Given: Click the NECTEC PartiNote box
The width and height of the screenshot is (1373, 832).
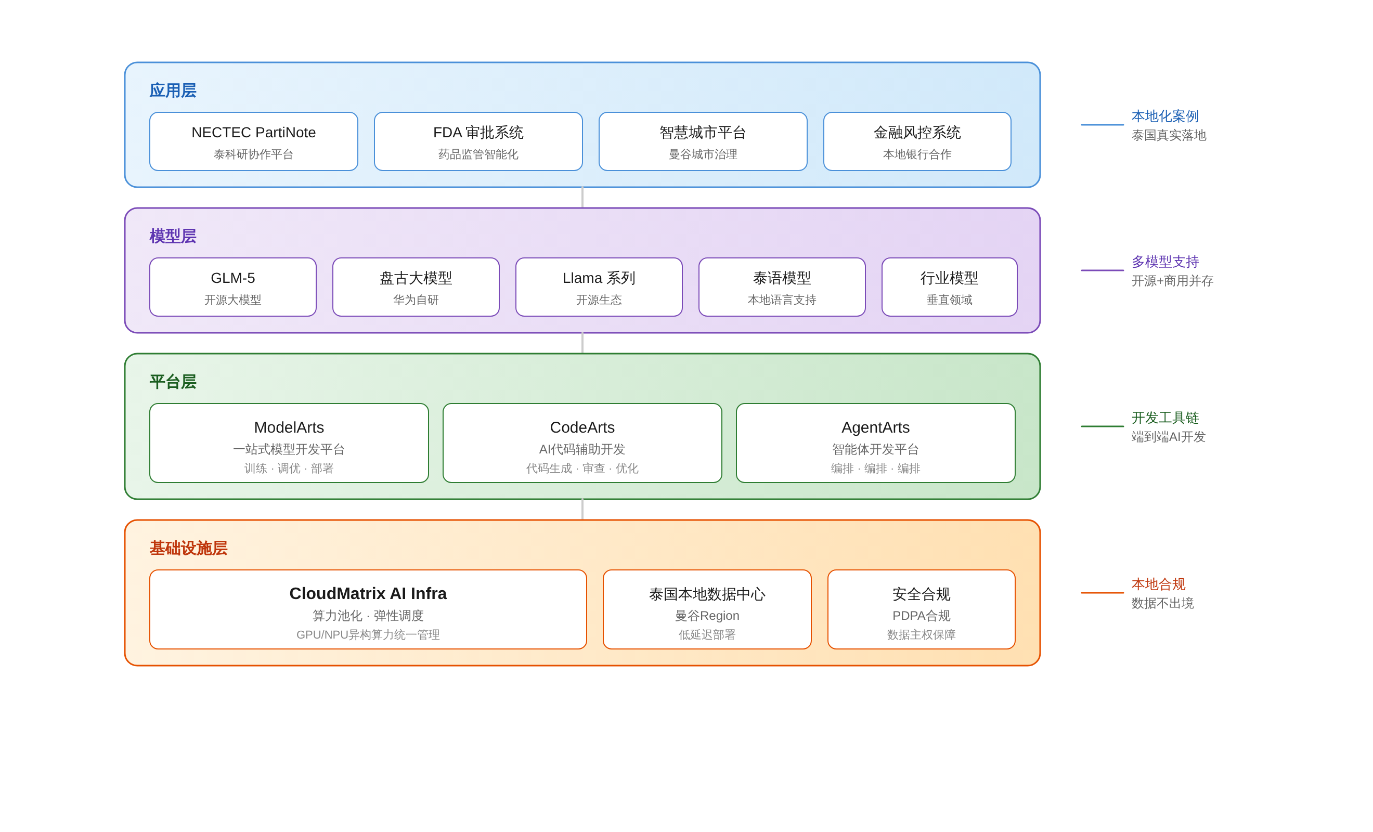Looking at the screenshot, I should click(x=254, y=141).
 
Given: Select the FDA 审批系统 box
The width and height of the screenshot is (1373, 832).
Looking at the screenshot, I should click(x=478, y=141).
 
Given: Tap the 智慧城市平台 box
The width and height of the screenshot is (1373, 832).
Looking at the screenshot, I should click(x=703, y=141).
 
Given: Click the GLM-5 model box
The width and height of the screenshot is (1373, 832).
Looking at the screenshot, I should click(x=233, y=287).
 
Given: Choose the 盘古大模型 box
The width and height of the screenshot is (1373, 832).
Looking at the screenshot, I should click(x=416, y=287).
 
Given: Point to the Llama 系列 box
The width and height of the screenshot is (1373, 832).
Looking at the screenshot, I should click(x=599, y=287).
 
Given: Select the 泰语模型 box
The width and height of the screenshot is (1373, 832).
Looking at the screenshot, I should click(x=782, y=287).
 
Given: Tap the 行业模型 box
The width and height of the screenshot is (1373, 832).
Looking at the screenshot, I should click(x=949, y=287).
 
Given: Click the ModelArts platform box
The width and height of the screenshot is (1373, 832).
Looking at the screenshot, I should click(x=289, y=443).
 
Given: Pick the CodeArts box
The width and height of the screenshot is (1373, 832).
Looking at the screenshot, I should click(x=582, y=443).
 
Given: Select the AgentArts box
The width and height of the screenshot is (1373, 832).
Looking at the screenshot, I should click(x=875, y=443).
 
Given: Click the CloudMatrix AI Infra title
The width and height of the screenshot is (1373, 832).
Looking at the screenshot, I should click(x=368, y=593).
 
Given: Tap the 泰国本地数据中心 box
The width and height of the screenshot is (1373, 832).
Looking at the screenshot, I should click(x=707, y=609).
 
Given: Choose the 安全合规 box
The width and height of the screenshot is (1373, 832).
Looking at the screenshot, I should click(x=921, y=609).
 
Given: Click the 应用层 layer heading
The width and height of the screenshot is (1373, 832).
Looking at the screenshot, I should click(x=173, y=90).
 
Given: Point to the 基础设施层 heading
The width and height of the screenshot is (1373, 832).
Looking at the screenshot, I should click(x=188, y=549).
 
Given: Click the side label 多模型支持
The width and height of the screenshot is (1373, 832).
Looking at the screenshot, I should click(x=1164, y=262).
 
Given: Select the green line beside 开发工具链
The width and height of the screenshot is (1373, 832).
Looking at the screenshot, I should click(x=1102, y=426).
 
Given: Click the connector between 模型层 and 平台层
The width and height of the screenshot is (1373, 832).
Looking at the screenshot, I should click(x=582, y=343).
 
